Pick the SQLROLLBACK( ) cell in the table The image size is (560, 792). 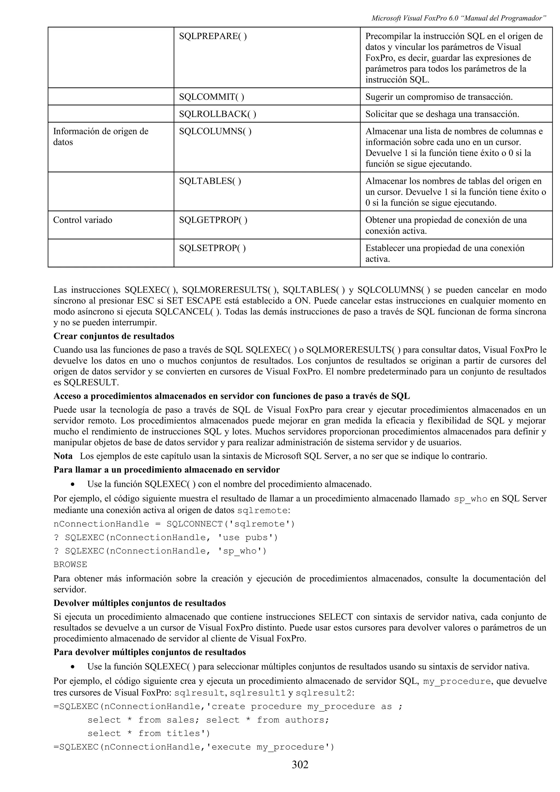pos(217,114)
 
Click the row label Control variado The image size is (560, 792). pos(83,220)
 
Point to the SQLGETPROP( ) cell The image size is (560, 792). pos(213,220)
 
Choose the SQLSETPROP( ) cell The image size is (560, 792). pos(212,248)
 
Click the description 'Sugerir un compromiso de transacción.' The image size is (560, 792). pos(439,97)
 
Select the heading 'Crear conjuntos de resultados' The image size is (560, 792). pos(114,336)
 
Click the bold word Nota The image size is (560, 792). pos(63,456)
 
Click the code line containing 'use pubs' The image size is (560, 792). pos(166,537)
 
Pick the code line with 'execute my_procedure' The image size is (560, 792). pos(194,747)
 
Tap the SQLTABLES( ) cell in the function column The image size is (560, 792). pos(210,181)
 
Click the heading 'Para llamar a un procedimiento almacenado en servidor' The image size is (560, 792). pos(166,470)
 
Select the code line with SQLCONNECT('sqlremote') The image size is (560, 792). pos(174,524)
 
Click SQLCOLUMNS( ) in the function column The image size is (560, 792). pos(215,131)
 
